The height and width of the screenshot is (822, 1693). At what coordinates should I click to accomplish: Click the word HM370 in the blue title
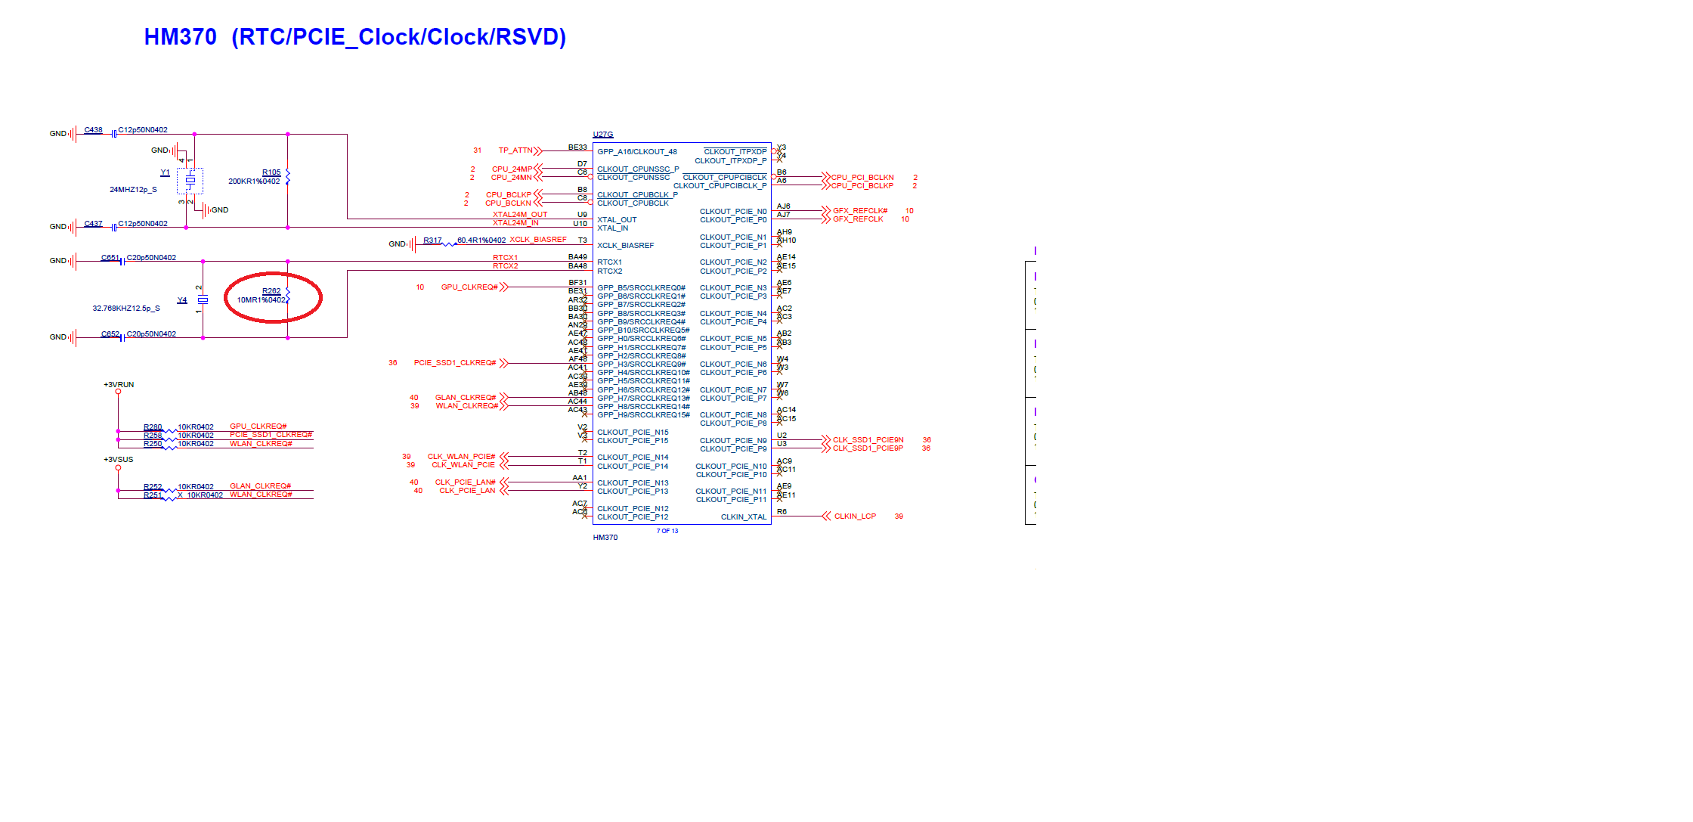point(180,37)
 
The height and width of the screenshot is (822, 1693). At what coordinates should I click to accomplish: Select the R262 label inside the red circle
point(271,291)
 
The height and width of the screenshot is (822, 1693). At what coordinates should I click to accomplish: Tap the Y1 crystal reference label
point(165,172)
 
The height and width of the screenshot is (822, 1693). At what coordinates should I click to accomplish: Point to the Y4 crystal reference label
point(181,300)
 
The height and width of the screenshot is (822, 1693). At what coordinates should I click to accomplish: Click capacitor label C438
point(93,130)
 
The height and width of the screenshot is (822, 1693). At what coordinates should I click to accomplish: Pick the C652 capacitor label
point(110,333)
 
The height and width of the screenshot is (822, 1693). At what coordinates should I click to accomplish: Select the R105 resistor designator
point(271,172)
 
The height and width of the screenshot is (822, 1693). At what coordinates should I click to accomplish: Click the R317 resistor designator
point(432,240)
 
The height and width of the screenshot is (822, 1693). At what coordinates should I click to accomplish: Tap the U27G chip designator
point(602,135)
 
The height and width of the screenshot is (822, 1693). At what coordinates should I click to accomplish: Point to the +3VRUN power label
point(119,385)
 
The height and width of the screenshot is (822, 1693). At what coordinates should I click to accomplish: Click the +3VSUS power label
point(118,460)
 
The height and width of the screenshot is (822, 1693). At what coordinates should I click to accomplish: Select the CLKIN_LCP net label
point(855,516)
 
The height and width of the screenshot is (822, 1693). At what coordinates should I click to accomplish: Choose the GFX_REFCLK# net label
point(860,211)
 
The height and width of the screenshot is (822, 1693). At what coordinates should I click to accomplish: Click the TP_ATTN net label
point(515,150)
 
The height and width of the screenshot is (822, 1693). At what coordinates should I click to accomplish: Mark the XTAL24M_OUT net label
point(520,215)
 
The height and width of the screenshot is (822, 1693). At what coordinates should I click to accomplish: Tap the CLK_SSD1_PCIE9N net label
point(868,439)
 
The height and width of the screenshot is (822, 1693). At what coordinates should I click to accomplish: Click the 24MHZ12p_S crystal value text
point(133,190)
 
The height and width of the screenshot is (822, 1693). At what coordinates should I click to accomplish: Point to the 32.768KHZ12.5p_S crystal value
point(126,309)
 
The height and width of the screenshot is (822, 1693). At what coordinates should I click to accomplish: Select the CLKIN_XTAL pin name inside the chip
point(743,517)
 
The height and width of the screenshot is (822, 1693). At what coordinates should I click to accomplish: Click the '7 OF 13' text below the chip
point(667,531)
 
